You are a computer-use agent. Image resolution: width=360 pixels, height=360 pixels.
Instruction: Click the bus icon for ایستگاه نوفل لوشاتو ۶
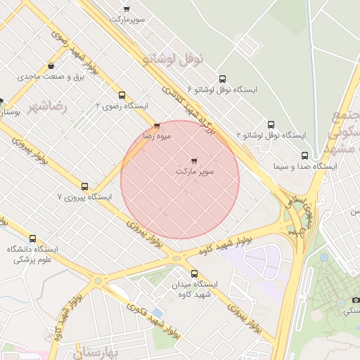point(223,79)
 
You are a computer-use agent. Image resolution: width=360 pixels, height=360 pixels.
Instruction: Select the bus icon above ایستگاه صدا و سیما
point(304,155)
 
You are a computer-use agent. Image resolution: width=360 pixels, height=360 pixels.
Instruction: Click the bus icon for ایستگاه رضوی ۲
point(122,95)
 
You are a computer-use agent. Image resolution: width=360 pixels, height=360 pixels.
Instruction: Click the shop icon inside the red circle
point(194,161)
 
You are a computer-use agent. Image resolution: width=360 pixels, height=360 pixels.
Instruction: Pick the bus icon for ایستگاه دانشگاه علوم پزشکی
point(32,239)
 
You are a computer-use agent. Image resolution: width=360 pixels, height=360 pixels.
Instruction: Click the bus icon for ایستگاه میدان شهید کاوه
point(194,274)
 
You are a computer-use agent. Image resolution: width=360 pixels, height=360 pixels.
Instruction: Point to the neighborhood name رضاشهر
point(48,107)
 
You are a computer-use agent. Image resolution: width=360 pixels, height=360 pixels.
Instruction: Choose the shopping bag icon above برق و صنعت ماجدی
point(51,67)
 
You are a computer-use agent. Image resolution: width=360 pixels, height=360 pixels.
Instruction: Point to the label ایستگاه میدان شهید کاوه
point(194,289)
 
